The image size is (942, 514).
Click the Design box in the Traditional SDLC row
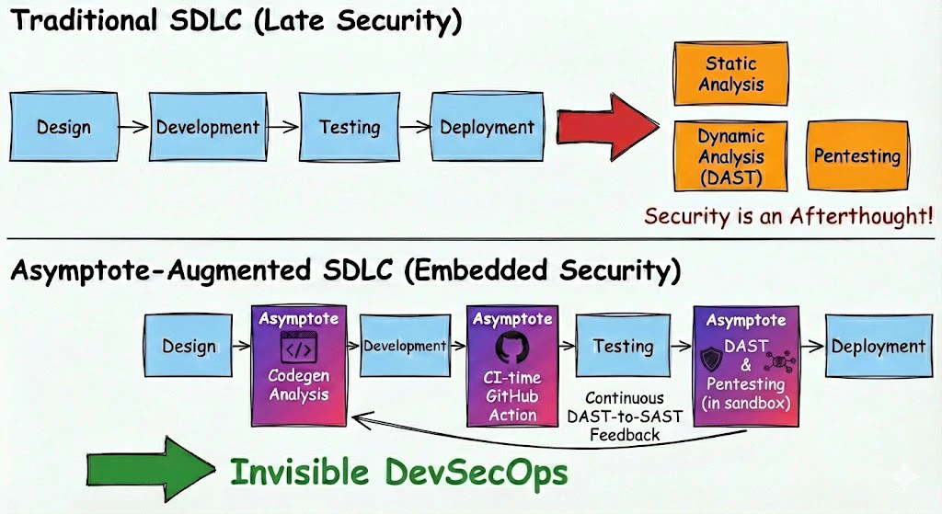tap(63, 127)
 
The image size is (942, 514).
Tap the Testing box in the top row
tap(350, 127)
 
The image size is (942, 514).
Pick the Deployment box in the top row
tap(487, 127)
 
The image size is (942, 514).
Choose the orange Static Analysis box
tap(730, 74)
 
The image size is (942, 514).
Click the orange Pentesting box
tap(856, 155)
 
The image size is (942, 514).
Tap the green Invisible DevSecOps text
tap(398, 473)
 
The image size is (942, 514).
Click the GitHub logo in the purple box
tap(512, 349)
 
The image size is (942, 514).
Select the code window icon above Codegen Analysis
tap(298, 349)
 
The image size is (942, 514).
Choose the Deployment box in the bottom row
tap(878, 347)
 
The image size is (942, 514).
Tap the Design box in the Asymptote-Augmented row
tap(190, 347)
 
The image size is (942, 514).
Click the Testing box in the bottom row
tap(623, 347)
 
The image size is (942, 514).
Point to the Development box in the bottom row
tap(404, 347)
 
